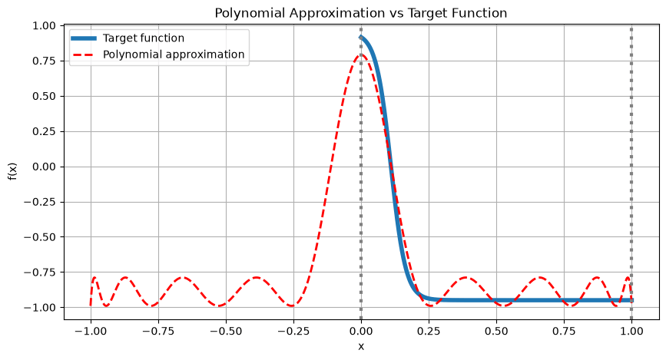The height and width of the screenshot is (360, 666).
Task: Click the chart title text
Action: tap(360, 13)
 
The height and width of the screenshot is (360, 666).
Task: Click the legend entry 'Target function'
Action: tap(144, 38)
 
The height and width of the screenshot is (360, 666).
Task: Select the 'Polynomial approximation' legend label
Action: tap(174, 54)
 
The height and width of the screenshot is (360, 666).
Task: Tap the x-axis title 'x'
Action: tap(361, 346)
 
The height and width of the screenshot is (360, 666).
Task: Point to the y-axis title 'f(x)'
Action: tap(13, 171)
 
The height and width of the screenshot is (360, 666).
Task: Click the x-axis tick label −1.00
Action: tap(91, 331)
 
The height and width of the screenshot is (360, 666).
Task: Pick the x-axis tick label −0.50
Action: tap(226, 331)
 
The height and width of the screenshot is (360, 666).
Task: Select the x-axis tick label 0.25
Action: tap(429, 331)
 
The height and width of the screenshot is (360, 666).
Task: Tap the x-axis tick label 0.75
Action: tap(564, 331)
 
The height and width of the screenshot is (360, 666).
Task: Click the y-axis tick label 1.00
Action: tap(45, 26)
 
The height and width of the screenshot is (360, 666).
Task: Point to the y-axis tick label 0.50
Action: tap(45, 97)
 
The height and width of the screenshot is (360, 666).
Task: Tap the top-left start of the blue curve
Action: tap(361, 37)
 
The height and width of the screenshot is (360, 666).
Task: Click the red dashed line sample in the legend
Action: tap(83, 54)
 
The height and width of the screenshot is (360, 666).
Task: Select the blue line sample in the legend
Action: tap(83, 38)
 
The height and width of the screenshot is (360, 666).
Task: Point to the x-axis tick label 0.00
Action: tap(361, 331)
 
